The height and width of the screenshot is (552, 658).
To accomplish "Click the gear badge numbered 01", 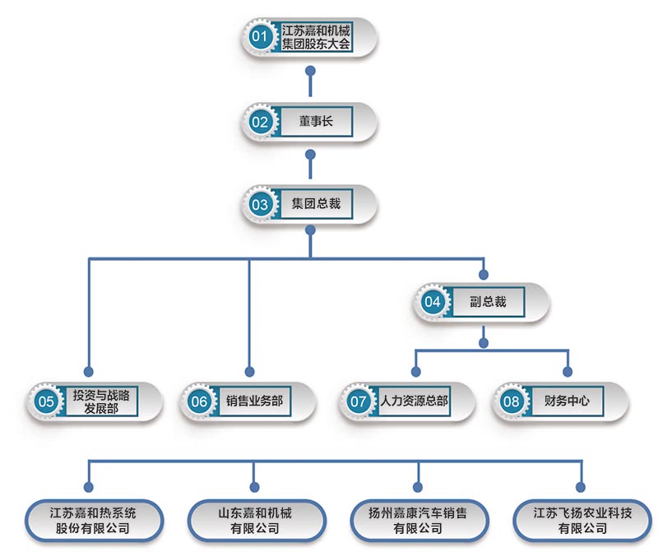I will click(260, 37).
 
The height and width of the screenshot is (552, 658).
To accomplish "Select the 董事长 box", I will click(316, 122).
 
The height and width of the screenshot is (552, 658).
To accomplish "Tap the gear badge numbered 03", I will click(260, 205).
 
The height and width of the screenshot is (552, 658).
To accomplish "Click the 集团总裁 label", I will click(316, 204).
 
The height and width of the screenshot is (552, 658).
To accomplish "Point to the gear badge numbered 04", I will click(432, 302).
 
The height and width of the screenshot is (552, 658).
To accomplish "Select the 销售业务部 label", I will click(254, 401).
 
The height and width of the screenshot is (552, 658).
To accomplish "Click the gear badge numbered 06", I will click(199, 402).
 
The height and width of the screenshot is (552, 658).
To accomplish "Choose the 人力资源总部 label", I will click(414, 401).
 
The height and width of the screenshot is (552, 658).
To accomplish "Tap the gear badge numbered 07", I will click(359, 402).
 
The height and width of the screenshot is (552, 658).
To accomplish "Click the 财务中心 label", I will click(567, 401).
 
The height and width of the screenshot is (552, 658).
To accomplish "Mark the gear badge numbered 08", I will click(512, 402).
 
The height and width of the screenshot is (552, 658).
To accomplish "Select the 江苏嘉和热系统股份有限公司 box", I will click(92, 520).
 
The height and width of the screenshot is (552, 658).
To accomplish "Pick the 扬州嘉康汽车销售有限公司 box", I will click(418, 520).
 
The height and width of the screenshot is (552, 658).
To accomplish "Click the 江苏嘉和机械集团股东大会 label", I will click(316, 37).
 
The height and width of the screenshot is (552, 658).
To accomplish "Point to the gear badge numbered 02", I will click(260, 123).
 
